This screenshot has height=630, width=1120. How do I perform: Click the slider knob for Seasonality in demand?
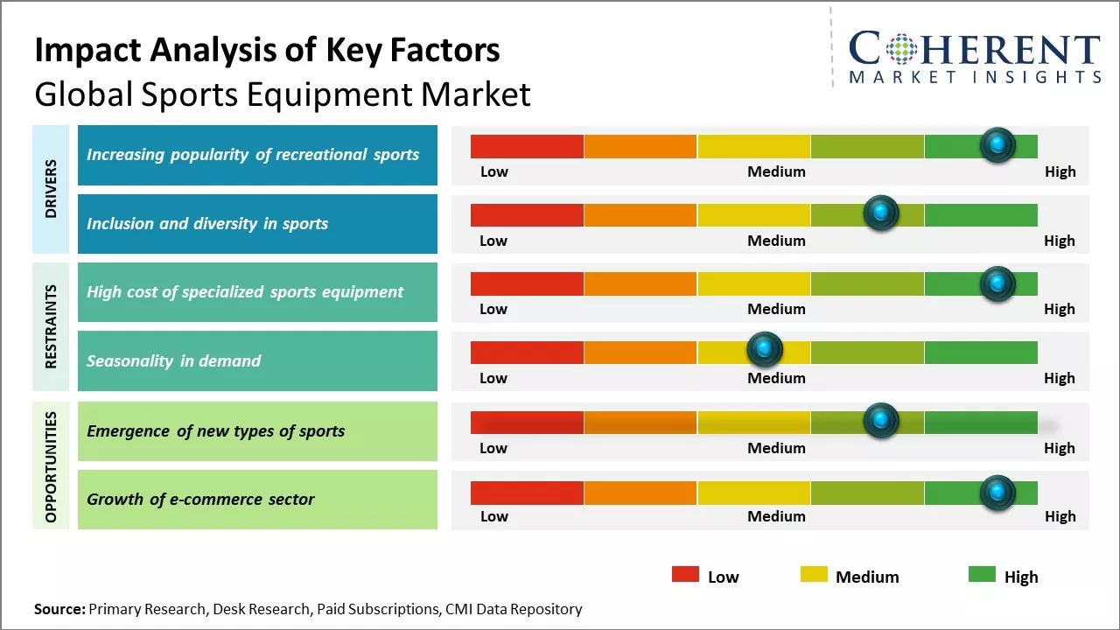[x=765, y=350]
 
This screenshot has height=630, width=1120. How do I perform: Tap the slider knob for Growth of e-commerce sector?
[x=997, y=493]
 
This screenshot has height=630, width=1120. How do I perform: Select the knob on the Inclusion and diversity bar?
[x=880, y=213]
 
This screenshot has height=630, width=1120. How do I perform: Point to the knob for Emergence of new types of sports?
[x=880, y=421]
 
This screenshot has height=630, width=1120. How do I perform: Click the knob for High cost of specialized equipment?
[x=997, y=283]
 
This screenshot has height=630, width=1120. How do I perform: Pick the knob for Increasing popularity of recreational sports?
[x=997, y=144]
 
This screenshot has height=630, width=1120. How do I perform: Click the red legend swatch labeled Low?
[x=685, y=575]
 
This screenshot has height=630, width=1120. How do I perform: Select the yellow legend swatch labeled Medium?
[x=814, y=575]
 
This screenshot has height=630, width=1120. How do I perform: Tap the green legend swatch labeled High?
[x=982, y=575]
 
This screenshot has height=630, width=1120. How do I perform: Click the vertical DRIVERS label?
[x=51, y=188]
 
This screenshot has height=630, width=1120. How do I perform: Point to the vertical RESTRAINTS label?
[x=51, y=326]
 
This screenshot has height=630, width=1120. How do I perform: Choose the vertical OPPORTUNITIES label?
[x=51, y=466]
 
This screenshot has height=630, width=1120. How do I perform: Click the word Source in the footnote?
[x=59, y=609]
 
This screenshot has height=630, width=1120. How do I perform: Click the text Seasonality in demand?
[x=173, y=360]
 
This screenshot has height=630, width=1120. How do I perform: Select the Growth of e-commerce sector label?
[x=200, y=500]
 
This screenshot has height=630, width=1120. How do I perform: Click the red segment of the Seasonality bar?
[x=527, y=353]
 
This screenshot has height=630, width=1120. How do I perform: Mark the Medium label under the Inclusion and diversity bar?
[x=776, y=241]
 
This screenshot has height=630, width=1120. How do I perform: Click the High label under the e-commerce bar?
[x=1060, y=516]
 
